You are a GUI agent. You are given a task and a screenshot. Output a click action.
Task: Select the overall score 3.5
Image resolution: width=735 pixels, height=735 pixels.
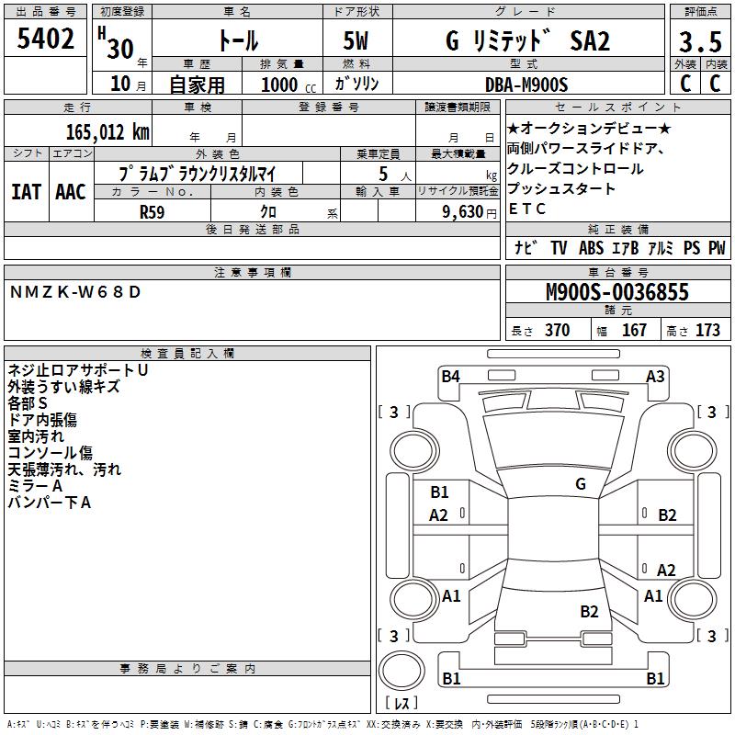[699, 42]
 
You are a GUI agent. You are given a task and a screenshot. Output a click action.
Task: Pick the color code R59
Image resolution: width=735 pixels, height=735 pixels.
[153, 210]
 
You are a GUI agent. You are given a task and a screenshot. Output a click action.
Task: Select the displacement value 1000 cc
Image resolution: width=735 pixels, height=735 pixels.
[279, 85]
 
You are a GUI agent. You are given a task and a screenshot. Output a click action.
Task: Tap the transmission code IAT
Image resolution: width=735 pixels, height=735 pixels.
[26, 191]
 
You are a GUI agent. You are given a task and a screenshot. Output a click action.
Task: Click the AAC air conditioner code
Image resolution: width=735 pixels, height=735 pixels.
[71, 191]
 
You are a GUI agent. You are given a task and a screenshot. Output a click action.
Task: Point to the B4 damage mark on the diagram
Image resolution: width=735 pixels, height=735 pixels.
[450, 375]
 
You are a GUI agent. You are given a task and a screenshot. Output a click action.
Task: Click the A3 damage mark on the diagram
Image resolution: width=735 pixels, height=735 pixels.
[655, 375]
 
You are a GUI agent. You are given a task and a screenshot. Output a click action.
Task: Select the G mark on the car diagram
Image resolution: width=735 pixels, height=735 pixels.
[580, 483]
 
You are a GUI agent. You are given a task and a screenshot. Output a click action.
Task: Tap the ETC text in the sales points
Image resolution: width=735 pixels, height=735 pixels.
[526, 209]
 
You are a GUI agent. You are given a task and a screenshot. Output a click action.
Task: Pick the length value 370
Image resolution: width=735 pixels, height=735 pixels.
[557, 331]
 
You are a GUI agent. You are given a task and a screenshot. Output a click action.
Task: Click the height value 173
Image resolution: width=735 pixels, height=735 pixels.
[707, 331]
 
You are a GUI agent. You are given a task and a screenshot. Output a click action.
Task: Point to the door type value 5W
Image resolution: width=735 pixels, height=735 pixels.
[357, 41]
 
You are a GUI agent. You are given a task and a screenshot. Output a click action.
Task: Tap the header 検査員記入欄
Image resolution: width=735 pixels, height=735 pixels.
[187, 353]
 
